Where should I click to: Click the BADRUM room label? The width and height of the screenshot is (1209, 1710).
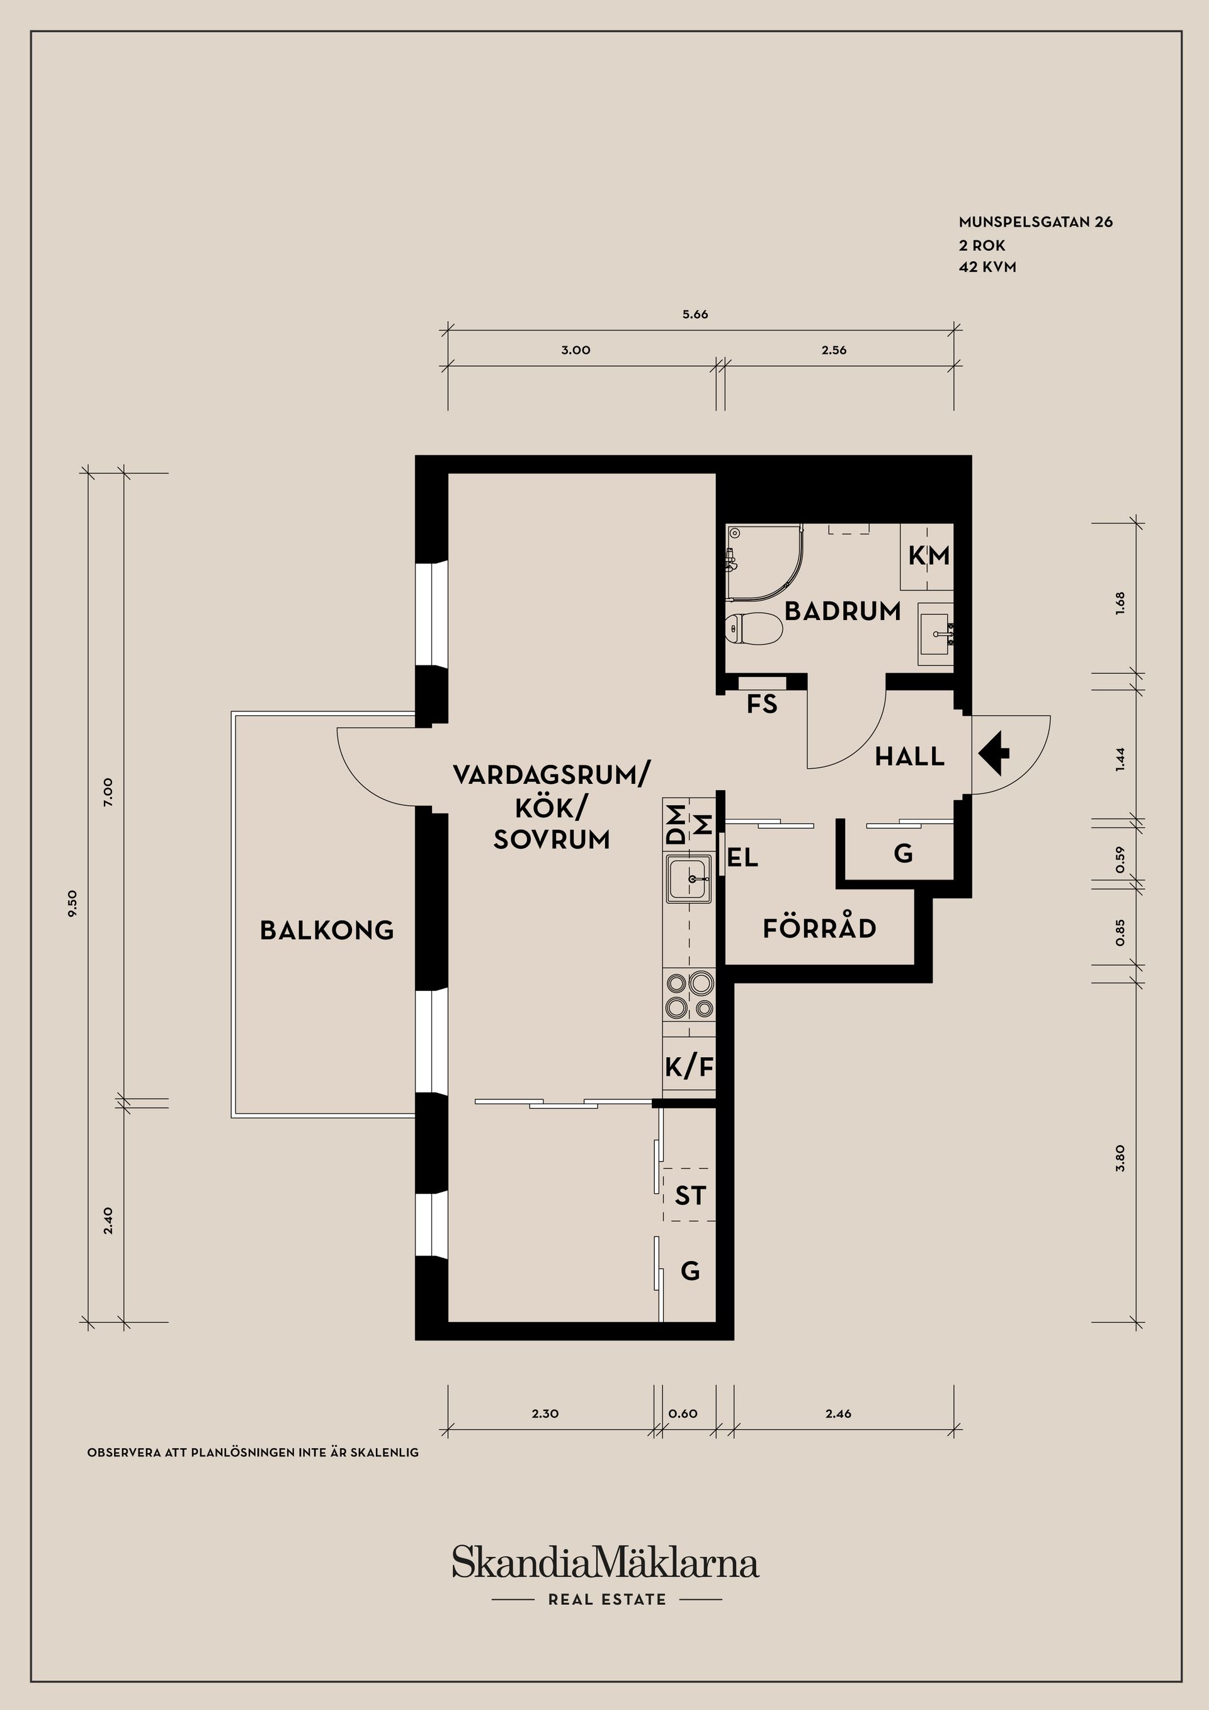pos(843,611)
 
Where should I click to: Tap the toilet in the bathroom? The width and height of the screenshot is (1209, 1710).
pos(753,628)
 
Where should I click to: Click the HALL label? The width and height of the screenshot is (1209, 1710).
pos(909,757)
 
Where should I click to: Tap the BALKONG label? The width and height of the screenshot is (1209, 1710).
pos(326,929)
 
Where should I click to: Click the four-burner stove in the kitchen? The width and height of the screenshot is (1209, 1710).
pos(689,997)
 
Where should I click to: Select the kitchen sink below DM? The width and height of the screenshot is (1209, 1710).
pos(689,879)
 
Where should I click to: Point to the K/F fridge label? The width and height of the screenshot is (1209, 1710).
pos(689,1068)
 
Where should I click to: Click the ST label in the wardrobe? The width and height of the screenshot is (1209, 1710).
pos(690,1196)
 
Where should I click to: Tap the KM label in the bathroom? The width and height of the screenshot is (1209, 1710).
pos(929,555)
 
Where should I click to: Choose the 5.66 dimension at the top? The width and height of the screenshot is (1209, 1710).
pos(695,314)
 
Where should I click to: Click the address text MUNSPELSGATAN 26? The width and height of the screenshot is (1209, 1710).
pos(1035,222)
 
